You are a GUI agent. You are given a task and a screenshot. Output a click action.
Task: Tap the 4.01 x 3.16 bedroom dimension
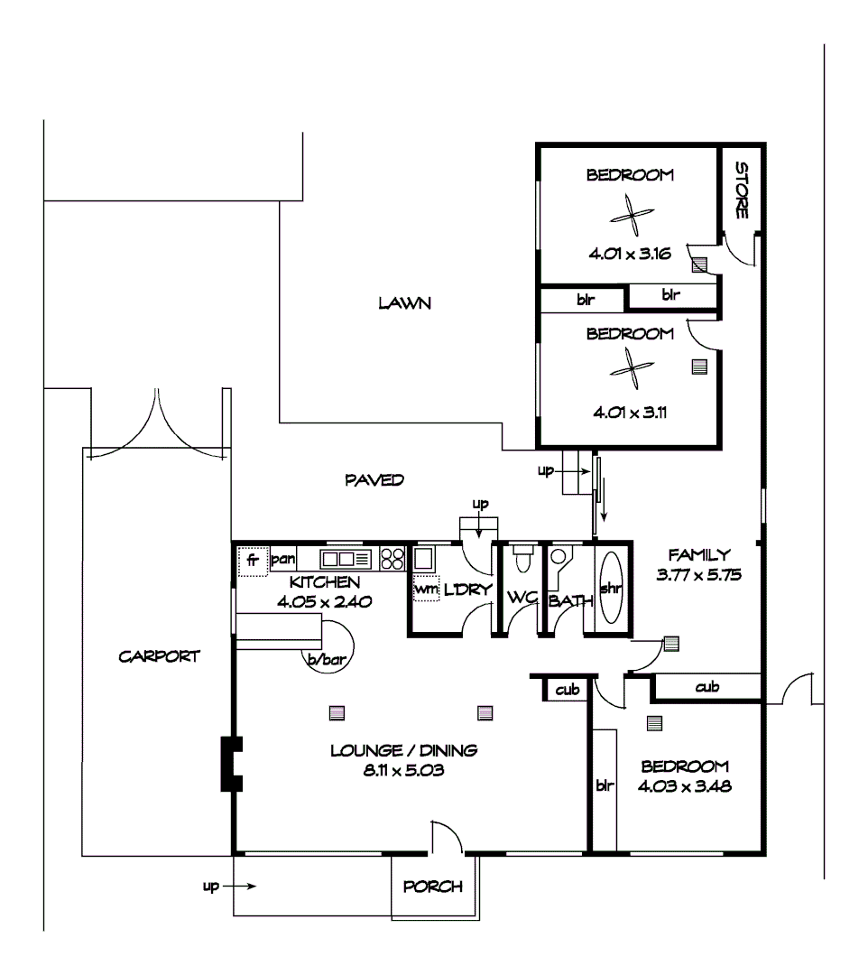630,255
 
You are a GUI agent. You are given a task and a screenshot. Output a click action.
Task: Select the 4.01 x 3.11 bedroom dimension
630,413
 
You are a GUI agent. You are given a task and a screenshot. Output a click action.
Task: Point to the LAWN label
404,303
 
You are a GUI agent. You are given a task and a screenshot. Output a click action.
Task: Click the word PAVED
374,479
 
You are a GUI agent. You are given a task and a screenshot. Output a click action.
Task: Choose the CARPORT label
159,656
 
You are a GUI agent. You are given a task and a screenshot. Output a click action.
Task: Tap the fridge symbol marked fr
253,561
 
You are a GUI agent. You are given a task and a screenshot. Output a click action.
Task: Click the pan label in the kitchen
284,559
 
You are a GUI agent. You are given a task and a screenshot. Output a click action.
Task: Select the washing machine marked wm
425,590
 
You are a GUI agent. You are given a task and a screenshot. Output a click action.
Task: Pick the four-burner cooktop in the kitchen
392,558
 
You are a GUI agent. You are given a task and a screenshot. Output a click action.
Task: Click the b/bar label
327,661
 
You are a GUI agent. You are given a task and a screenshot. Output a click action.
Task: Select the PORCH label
433,887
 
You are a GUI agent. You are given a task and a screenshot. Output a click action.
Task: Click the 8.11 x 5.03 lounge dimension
403,771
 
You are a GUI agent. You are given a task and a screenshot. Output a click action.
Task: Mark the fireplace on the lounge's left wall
231,764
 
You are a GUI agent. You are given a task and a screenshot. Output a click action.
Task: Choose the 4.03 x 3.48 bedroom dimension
683,785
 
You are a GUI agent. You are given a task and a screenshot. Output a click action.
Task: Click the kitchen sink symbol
341,558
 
